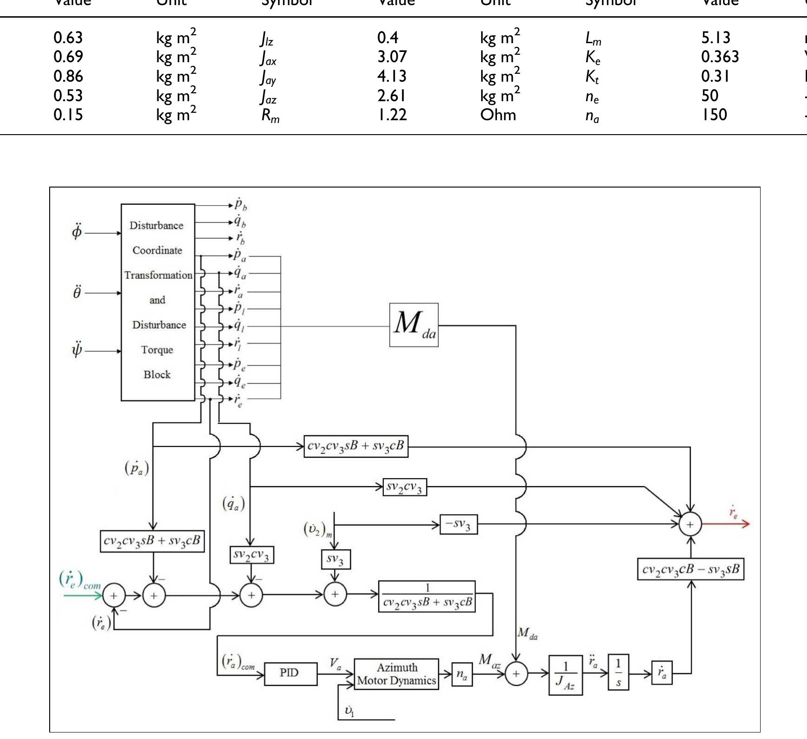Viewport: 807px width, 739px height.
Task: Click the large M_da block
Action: [x=413, y=325]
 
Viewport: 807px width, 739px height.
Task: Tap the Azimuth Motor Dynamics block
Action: [x=396, y=674]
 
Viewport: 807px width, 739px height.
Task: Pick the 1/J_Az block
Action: [x=565, y=675]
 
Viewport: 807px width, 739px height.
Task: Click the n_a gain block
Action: [x=462, y=674]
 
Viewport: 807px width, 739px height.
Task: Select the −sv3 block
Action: [x=458, y=525]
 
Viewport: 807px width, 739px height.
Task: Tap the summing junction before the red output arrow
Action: [x=691, y=524]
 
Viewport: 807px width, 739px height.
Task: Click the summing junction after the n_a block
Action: [x=516, y=674]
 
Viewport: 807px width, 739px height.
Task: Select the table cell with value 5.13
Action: [x=716, y=37]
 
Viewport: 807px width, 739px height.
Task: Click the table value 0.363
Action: [x=720, y=57]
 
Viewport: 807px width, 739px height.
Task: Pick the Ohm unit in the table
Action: [x=498, y=115]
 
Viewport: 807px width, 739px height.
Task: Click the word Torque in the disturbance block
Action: [x=157, y=350]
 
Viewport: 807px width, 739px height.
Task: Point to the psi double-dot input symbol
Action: [x=77, y=350]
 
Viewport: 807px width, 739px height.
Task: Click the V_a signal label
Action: [x=335, y=664]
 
